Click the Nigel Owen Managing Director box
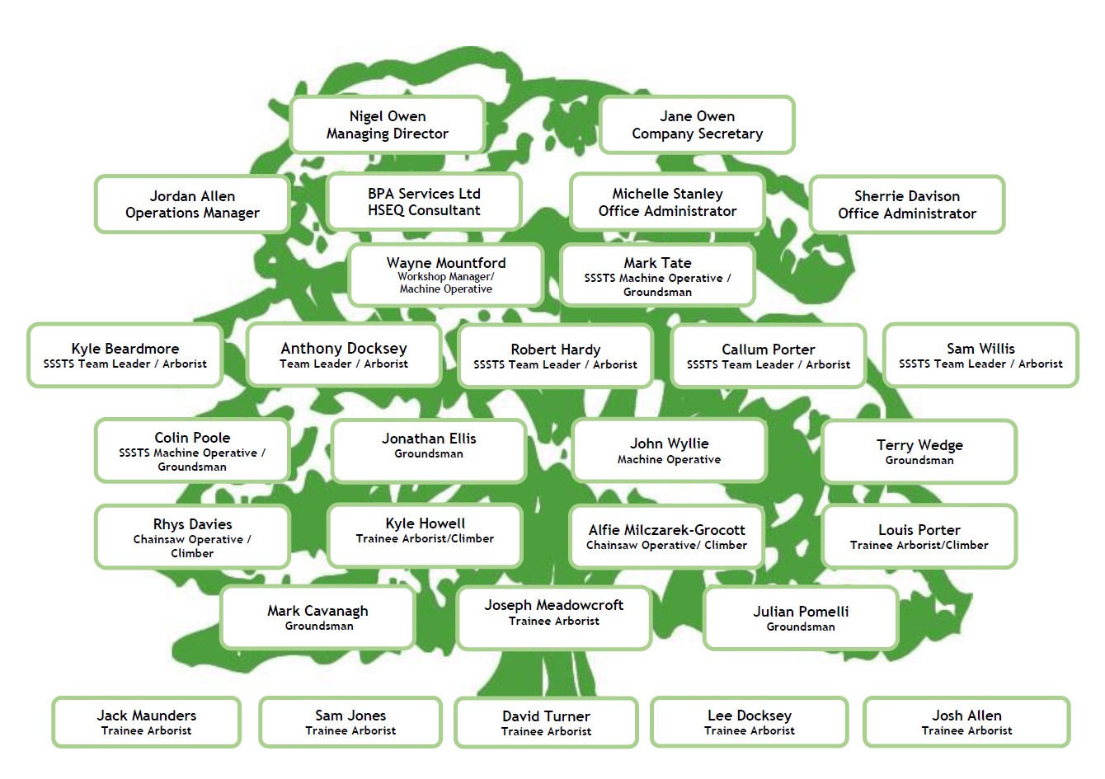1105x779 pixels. [388, 124]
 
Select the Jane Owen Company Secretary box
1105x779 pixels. [697, 124]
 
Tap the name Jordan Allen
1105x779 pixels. [192, 195]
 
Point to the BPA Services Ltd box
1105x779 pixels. [424, 202]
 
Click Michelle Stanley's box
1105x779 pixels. [667, 202]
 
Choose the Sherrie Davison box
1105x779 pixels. [907, 204]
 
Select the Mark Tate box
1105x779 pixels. [657, 275]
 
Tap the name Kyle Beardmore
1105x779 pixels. [125, 349]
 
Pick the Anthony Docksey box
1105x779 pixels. [344, 354]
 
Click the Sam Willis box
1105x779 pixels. [980, 354]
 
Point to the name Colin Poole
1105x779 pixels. [192, 438]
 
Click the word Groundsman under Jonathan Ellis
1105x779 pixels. [429, 453]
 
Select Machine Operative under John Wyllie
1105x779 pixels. [669, 459]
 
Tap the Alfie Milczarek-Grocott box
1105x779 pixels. [666, 537]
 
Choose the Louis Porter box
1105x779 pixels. [919, 537]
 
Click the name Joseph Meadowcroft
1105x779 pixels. [554, 605]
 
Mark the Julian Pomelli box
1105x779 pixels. [801, 617]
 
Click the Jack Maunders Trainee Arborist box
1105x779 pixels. [147, 722]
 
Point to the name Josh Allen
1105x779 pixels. [966, 716]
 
